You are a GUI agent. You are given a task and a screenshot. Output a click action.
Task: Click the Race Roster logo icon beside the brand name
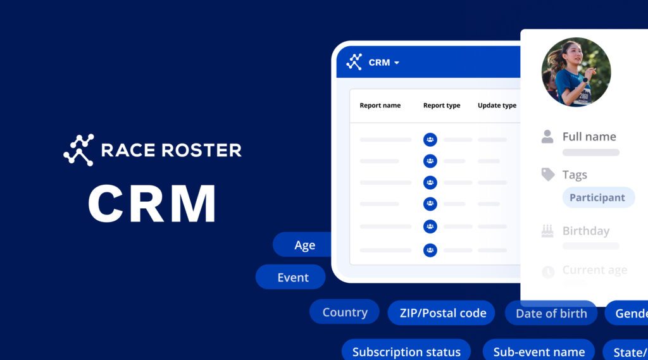(78, 150)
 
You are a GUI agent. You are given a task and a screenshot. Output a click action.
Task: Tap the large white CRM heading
(152, 203)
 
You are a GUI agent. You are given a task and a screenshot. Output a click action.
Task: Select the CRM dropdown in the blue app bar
(383, 63)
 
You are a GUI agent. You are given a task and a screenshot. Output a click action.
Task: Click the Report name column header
(380, 106)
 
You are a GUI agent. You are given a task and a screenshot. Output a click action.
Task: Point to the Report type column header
(442, 106)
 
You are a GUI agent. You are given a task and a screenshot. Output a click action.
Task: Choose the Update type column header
(497, 106)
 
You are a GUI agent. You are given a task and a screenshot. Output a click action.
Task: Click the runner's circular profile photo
(576, 71)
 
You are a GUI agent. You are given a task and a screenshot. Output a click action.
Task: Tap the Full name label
(589, 137)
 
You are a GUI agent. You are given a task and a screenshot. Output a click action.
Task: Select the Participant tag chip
(597, 197)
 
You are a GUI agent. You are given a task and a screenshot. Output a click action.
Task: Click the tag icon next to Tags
(548, 175)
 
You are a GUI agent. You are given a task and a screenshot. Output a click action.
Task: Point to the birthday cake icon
(547, 231)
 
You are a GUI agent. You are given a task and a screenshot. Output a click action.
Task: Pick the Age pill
(304, 245)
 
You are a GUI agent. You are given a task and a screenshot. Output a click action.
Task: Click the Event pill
(292, 277)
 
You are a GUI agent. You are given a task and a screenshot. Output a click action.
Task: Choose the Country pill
(344, 312)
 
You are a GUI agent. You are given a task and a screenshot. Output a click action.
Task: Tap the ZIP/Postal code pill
(442, 313)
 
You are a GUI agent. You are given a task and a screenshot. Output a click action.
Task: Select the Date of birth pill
(551, 313)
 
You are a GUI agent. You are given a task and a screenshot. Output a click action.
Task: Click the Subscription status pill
(406, 352)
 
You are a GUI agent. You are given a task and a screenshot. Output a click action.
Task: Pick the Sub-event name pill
(539, 352)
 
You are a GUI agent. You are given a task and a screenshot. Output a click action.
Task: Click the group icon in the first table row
(430, 139)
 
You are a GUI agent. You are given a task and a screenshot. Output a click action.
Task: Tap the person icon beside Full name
(547, 137)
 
